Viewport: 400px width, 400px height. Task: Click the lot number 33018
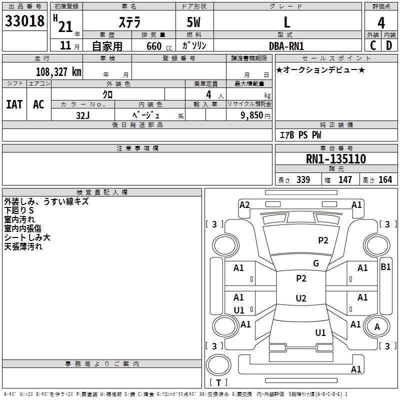pyautogui.click(x=24, y=21)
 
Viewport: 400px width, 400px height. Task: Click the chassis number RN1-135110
pyautogui.click(x=335, y=159)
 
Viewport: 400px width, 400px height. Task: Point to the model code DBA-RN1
pyautogui.click(x=285, y=45)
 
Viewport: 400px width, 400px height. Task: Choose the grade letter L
pyautogui.click(x=286, y=22)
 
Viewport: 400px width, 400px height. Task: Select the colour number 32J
pyautogui.click(x=82, y=114)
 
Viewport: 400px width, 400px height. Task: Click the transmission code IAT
pyautogui.click(x=14, y=104)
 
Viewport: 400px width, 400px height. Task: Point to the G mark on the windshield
pyautogui.click(x=316, y=263)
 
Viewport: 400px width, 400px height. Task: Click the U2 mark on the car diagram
pyautogui.click(x=301, y=298)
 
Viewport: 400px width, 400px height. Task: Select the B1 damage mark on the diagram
pyautogui.click(x=385, y=267)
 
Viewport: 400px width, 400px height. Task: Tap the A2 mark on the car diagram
pyautogui.click(x=244, y=204)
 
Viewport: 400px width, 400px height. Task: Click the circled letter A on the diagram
pyautogui.click(x=377, y=326)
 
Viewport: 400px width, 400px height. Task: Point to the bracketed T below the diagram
pyautogui.click(x=218, y=382)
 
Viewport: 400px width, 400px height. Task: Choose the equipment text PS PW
pyautogui.click(x=309, y=135)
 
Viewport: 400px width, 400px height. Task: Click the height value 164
pyautogui.click(x=385, y=180)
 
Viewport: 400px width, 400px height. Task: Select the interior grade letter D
pyautogui.click(x=388, y=45)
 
